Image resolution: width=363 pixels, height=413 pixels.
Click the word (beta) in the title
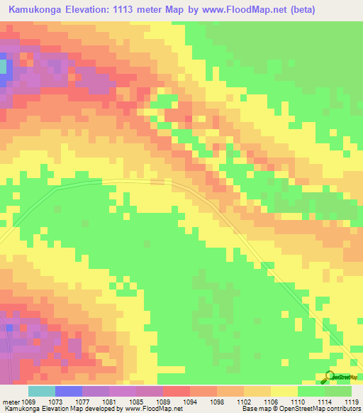(298, 9)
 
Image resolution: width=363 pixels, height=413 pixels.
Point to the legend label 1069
(28, 402)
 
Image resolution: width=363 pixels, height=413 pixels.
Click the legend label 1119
(352, 402)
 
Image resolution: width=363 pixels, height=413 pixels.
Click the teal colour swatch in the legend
(42, 391)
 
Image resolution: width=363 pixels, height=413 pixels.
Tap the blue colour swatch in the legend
(69, 391)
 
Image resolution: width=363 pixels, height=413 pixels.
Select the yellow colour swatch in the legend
(284, 391)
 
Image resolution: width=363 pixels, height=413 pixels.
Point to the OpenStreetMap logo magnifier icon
(329, 376)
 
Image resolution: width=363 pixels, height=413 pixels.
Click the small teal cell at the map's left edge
(2, 67)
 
